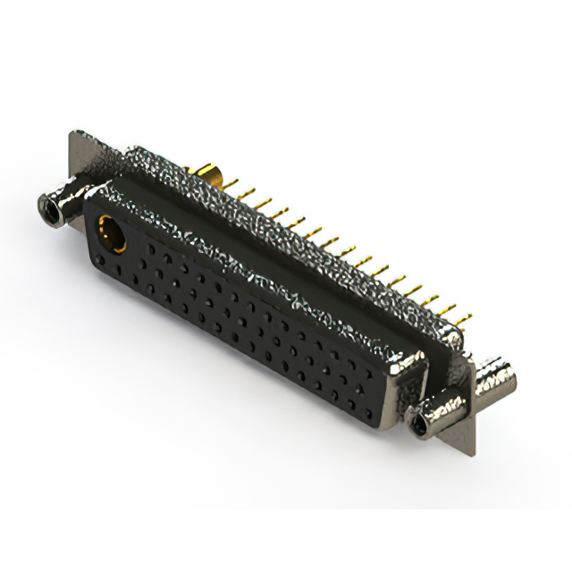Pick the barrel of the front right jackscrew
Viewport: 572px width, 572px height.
click(438, 407)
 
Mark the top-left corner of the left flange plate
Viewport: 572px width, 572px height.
click(71, 135)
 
